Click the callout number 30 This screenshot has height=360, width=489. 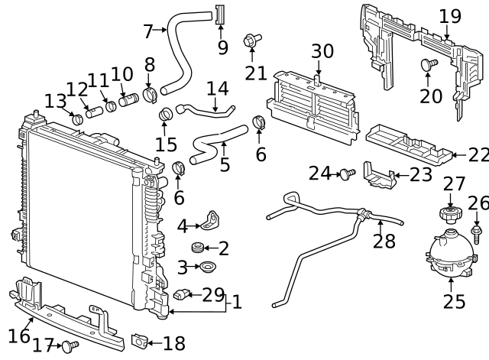click(322, 52)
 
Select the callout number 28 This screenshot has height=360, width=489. click(384, 241)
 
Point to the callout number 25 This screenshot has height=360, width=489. click(454, 301)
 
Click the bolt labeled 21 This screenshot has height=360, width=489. click(250, 41)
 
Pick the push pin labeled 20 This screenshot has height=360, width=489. click(428, 66)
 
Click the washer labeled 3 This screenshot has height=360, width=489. click(206, 268)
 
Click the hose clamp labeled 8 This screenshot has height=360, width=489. click(150, 95)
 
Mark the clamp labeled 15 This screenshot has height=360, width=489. click(166, 116)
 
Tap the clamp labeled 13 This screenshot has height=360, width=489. click(76, 118)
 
